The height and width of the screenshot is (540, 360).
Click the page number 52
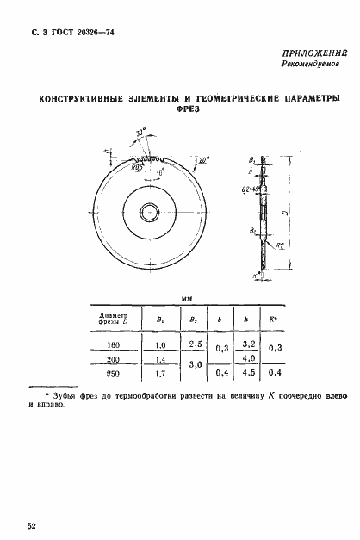tap(32, 524)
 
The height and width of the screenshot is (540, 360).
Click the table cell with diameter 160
tap(115, 345)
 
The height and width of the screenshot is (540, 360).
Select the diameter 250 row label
tap(115, 375)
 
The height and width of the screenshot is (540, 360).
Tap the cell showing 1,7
tap(160, 375)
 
